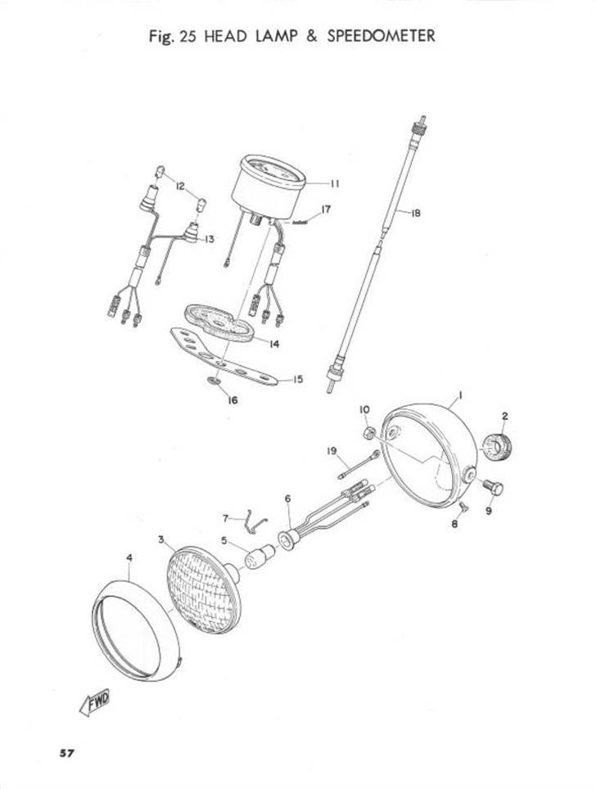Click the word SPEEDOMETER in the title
[381, 36]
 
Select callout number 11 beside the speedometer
[334, 183]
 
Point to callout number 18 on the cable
[415, 213]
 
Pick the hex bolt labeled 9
[494, 488]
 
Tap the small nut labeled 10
[369, 432]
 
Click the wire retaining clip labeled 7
[255, 520]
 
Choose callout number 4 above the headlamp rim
[129, 558]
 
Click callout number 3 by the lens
[161, 539]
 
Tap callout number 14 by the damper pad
[273, 345]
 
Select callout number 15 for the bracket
[298, 379]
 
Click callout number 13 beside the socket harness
[209, 239]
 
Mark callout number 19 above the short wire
[332, 451]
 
